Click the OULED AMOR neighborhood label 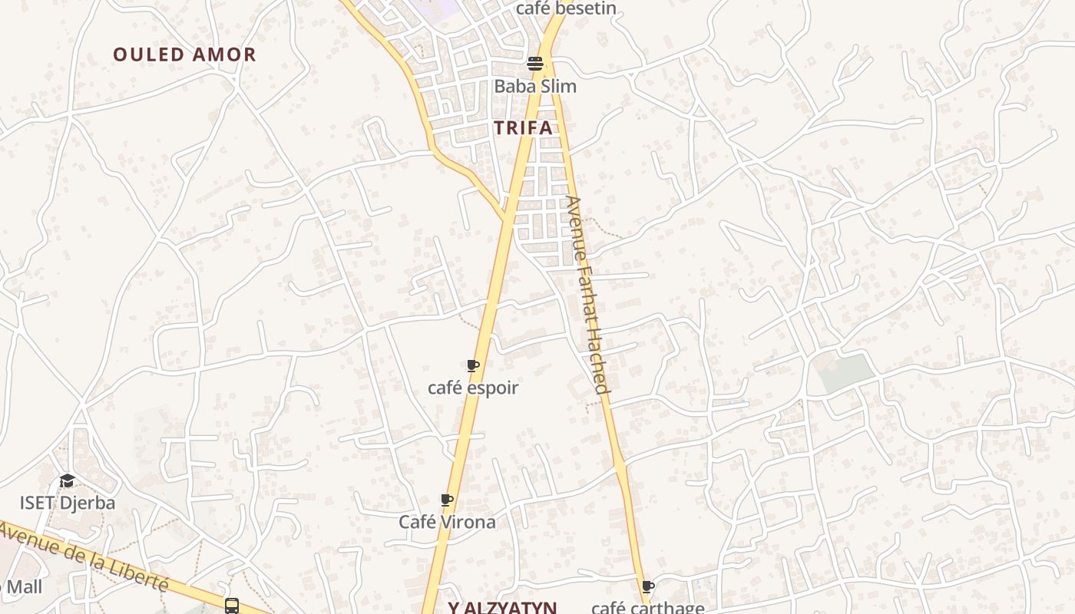pyautogui.click(x=184, y=54)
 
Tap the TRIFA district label pyautogui.click(x=524, y=128)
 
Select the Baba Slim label pyautogui.click(x=535, y=86)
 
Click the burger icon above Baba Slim pyautogui.click(x=535, y=64)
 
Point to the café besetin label pyautogui.click(x=566, y=8)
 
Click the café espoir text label pyautogui.click(x=473, y=388)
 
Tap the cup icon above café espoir pyautogui.click(x=473, y=366)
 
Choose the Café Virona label pyautogui.click(x=447, y=522)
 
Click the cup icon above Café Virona pyautogui.click(x=447, y=500)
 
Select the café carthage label pyautogui.click(x=647, y=608)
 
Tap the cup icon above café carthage pyautogui.click(x=648, y=587)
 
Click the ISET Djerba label pyautogui.click(x=68, y=503)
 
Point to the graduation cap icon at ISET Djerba pyautogui.click(x=68, y=481)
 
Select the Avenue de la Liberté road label pyautogui.click(x=84, y=554)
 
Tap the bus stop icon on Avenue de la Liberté pyautogui.click(x=232, y=606)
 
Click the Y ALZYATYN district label pyautogui.click(x=502, y=608)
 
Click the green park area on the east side pyautogui.click(x=845, y=373)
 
